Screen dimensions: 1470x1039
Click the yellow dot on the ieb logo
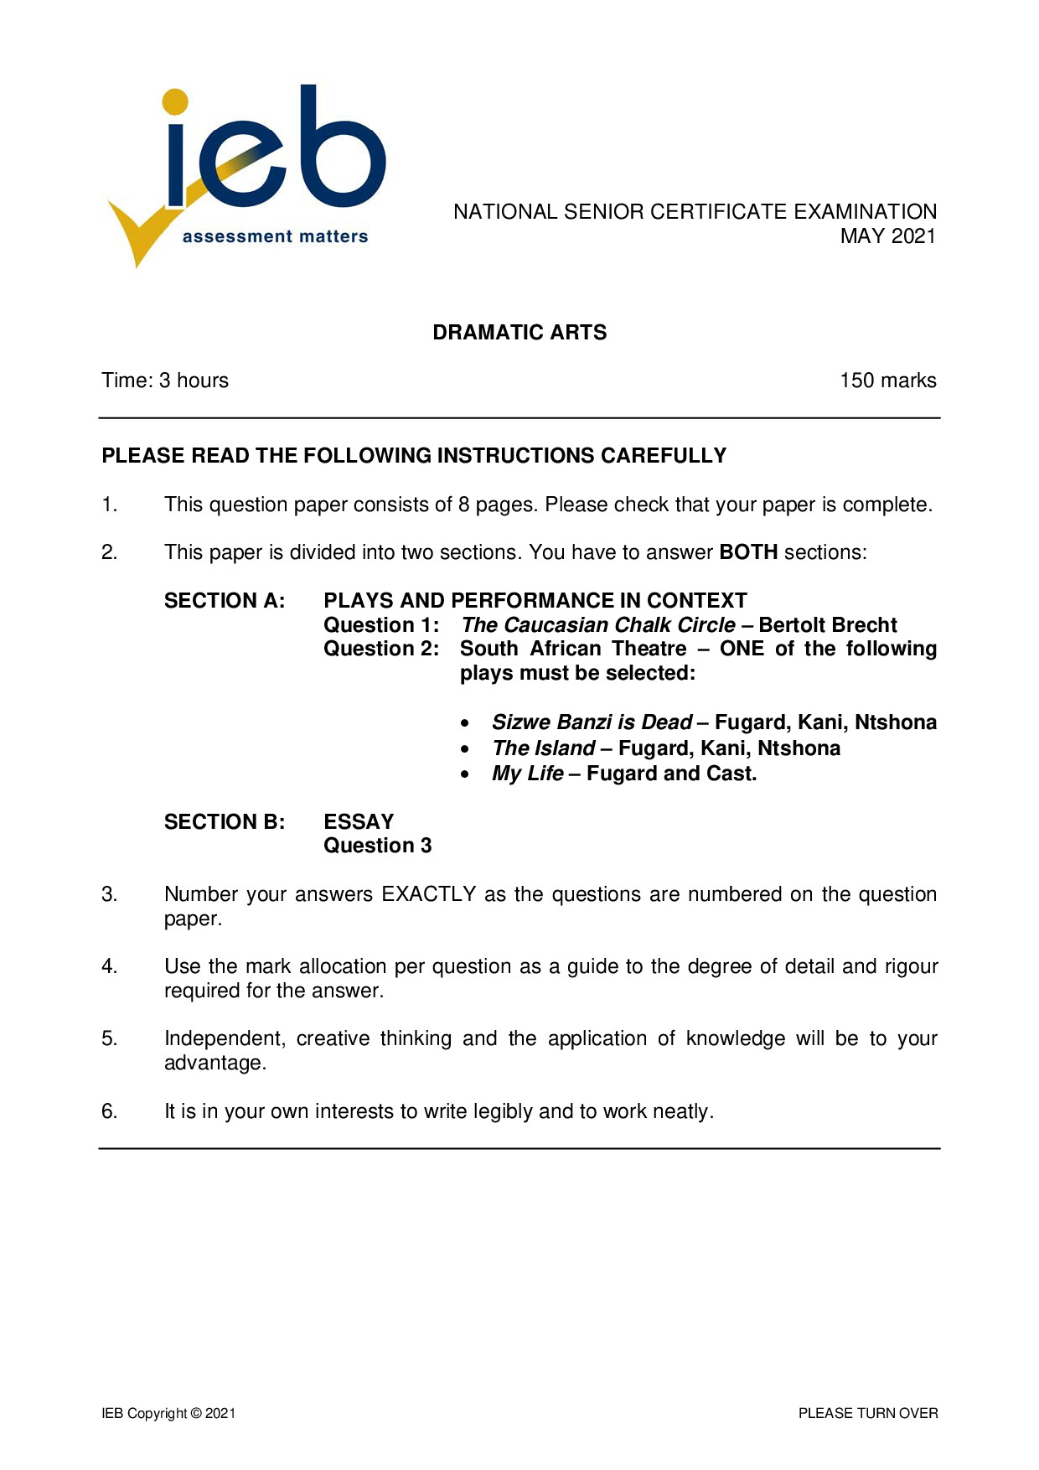[x=175, y=101]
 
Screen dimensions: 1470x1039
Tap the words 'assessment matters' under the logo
[x=275, y=237]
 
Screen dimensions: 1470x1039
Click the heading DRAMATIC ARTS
[x=519, y=333]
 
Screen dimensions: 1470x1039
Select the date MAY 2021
[x=887, y=236]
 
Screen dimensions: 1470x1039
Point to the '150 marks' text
[x=887, y=380]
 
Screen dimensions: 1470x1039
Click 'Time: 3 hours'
[x=165, y=380]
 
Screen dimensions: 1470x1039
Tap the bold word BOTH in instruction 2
[x=748, y=552]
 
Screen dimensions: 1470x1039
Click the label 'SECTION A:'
[x=225, y=601]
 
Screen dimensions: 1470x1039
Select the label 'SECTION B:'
[x=225, y=822]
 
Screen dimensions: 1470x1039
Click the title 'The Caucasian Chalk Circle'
[x=598, y=625]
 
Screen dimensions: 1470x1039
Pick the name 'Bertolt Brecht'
[x=828, y=625]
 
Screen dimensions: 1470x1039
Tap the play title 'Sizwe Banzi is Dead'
[x=592, y=722]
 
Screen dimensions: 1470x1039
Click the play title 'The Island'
[x=543, y=748]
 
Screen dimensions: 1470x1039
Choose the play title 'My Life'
[x=527, y=774]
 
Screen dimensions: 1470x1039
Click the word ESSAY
[x=359, y=822]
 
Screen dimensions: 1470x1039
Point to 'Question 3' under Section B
[x=378, y=846]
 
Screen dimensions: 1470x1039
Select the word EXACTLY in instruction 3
[x=429, y=894]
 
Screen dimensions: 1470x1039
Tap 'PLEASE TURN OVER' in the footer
[x=868, y=1414]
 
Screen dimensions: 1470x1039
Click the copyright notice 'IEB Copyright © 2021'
[x=168, y=1414]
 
